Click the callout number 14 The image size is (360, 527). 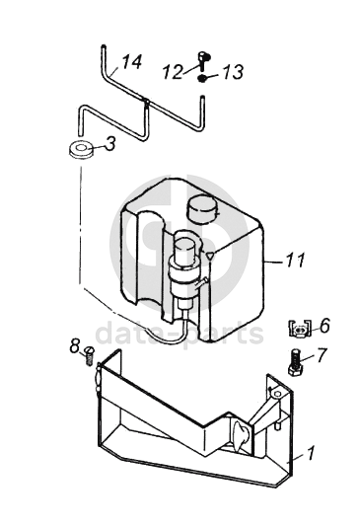(131, 61)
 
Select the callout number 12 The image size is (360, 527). (174, 72)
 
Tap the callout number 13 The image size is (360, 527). (233, 72)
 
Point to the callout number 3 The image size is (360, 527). (109, 143)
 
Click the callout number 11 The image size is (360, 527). (295, 260)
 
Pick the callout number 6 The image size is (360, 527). (324, 326)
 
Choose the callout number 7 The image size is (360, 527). (322, 355)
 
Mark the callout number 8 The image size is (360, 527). (75, 345)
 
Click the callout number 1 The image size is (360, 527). (311, 453)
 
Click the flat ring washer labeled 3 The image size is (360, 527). (82, 150)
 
